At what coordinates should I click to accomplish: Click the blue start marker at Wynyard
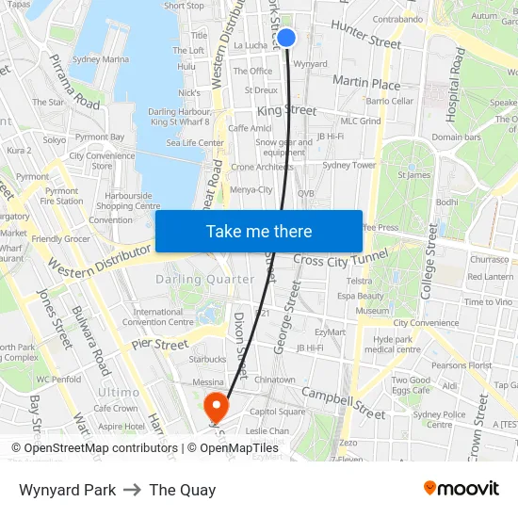pos(287,38)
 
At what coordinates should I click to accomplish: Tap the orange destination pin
pos(217,406)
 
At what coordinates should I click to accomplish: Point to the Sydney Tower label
pos(348,165)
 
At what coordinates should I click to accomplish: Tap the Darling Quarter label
pos(204,279)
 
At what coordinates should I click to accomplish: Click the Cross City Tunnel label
pos(341,259)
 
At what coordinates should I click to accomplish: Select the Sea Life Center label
pos(195,143)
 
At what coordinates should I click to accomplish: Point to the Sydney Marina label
pos(101,59)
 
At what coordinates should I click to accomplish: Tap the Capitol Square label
pos(277,412)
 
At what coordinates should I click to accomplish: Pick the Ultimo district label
pos(119,392)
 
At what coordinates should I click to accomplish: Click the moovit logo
pos(461,489)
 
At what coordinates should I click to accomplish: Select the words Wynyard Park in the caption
pos(68,490)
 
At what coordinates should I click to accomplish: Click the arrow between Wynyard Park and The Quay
pos(133,490)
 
